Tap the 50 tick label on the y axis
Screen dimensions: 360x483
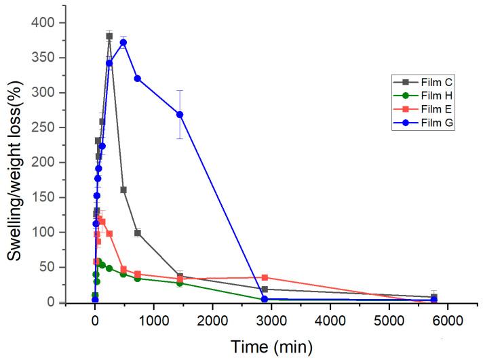pyautogui.click(x=48, y=267)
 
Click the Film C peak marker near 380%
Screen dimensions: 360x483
pyautogui.click(x=109, y=36)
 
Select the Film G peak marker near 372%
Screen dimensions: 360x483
pyautogui.click(x=123, y=42)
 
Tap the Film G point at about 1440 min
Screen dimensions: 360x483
pyautogui.click(x=180, y=115)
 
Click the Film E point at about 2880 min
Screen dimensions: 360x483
pyautogui.click(x=265, y=277)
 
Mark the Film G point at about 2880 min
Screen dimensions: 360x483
pyautogui.click(x=265, y=299)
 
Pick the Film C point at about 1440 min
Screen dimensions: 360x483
pyautogui.click(x=180, y=276)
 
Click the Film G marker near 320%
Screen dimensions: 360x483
pyautogui.click(x=137, y=78)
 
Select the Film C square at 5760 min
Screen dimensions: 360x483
pyautogui.click(x=434, y=296)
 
